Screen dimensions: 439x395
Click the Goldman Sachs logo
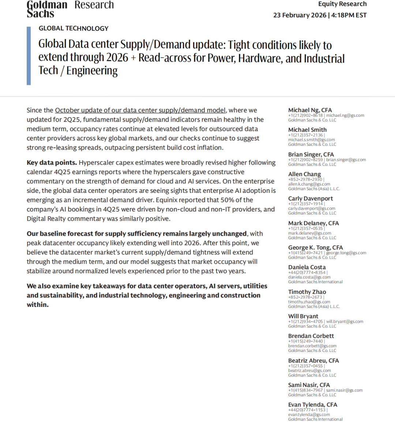[x=47, y=9]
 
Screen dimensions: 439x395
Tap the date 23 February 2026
[x=300, y=15]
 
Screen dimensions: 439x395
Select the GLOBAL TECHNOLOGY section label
[x=74, y=28]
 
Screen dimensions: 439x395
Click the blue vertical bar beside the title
[x=29, y=56]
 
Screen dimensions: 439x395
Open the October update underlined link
[x=140, y=110]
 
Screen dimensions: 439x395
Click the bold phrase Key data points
[x=52, y=162]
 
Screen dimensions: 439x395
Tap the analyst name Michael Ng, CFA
[x=310, y=110]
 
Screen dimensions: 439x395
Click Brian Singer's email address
[x=346, y=160]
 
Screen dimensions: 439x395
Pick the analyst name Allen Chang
[x=304, y=174]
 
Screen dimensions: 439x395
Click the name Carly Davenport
[x=310, y=199]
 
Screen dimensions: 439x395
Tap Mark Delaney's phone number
[x=305, y=228]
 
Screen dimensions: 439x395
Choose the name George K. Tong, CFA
[x=315, y=248]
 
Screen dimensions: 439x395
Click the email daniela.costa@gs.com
[x=309, y=277]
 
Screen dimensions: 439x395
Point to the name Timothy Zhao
[x=307, y=292]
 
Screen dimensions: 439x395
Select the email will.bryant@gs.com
[x=345, y=322]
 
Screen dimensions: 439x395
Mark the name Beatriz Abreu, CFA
[x=313, y=361]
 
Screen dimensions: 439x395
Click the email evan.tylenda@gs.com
[x=309, y=414]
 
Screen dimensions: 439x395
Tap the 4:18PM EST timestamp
[x=349, y=15]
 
